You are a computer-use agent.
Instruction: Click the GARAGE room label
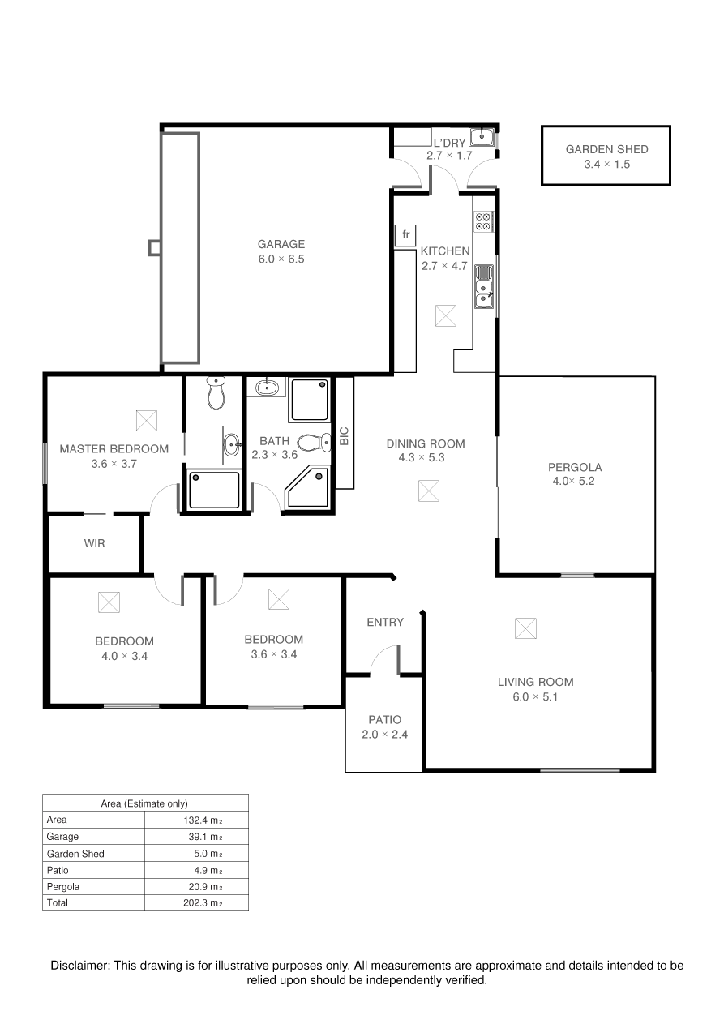pyautogui.click(x=281, y=244)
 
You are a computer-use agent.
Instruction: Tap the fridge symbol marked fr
pyautogui.click(x=405, y=235)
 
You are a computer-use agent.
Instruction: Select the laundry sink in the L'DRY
pyautogui.click(x=482, y=137)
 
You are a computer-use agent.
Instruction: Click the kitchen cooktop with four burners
pyautogui.click(x=483, y=221)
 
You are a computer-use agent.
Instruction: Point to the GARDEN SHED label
pyautogui.click(x=606, y=149)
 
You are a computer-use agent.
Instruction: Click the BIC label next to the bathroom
pyautogui.click(x=345, y=436)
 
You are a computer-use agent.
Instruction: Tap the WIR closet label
pyautogui.click(x=95, y=543)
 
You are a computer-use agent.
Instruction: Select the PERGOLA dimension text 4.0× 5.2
pyautogui.click(x=573, y=481)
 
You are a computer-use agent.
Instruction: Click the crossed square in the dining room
pyautogui.click(x=429, y=491)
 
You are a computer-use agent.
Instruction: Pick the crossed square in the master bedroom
pyautogui.click(x=147, y=421)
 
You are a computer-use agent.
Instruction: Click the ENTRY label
pyautogui.click(x=385, y=622)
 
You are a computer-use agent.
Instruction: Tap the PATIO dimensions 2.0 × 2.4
pyautogui.click(x=385, y=735)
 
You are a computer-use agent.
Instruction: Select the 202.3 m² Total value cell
pyautogui.click(x=203, y=903)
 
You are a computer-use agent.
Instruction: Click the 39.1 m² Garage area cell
pyautogui.click(x=205, y=837)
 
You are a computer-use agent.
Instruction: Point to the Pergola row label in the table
pyautogui.click(x=63, y=887)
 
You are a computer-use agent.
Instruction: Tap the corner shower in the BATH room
pyautogui.click(x=307, y=487)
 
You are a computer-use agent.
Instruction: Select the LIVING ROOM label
pyautogui.click(x=535, y=682)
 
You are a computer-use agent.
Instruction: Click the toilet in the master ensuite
pyautogui.click(x=216, y=392)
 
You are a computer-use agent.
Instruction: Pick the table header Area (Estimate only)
pyautogui.click(x=144, y=803)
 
